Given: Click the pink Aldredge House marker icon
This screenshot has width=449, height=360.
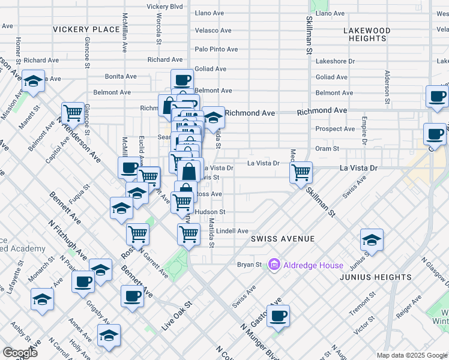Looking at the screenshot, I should point(274,265).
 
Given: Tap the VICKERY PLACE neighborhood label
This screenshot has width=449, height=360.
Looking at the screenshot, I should point(86,29).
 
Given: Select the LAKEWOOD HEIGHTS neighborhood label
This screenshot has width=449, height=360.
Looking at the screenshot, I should point(366,34).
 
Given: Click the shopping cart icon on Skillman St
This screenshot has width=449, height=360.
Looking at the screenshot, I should point(301,172).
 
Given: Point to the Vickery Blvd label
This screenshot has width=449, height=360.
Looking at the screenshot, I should point(165,7).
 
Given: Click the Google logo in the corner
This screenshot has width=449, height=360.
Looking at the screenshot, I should point(19,353).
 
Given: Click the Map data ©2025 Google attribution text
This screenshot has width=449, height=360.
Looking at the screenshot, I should point(412,355).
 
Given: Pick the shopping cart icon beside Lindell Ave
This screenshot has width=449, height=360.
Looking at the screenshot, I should point(189,234).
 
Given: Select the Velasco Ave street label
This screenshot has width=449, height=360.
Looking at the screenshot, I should point(212,31).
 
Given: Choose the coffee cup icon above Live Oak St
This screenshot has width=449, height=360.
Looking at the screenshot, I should point(132,296).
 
